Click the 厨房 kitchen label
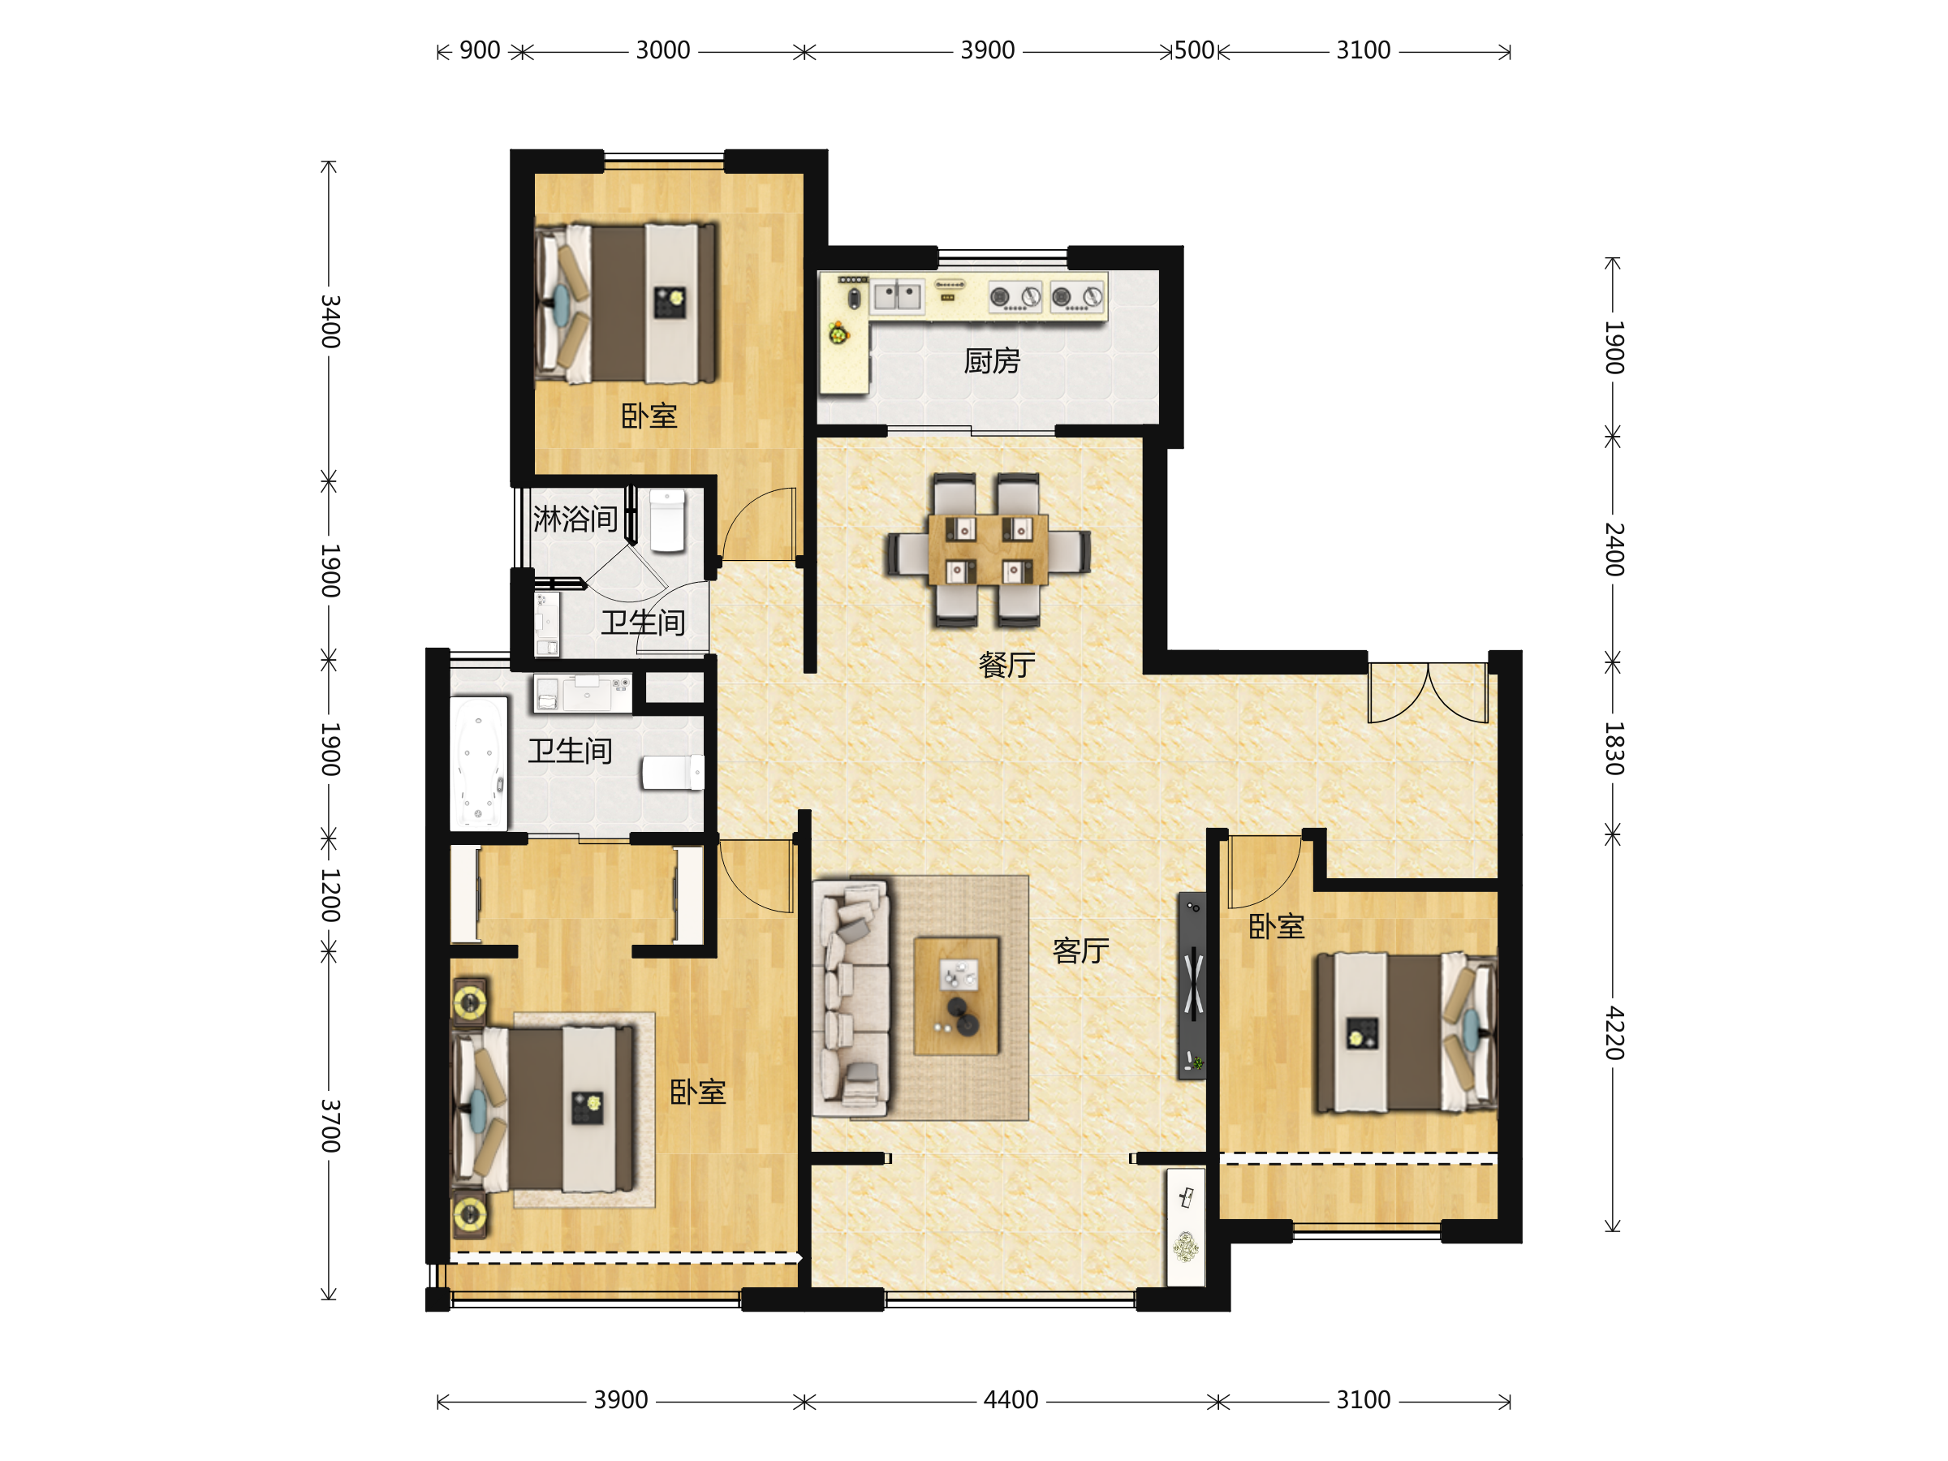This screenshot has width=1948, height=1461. point(992,361)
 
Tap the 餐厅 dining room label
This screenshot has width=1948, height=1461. point(1006,665)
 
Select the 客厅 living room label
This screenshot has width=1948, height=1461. point(1080,951)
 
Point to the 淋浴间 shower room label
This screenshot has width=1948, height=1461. point(575,519)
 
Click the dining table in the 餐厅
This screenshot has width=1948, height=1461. point(988,549)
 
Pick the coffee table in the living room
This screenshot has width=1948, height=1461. point(956,996)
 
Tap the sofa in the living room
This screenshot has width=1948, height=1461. point(851,998)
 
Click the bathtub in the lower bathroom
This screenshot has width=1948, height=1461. point(479,764)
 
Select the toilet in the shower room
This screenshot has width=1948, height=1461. point(667,521)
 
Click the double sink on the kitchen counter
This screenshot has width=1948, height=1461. point(898,296)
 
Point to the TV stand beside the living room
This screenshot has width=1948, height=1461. point(1192,985)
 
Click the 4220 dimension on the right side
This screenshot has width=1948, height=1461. point(1614,1032)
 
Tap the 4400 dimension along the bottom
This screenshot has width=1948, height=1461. point(1011,1400)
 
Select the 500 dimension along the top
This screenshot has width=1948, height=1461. point(1194,50)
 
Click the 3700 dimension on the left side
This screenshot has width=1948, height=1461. point(330,1126)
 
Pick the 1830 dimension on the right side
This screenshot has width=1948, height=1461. point(1614,748)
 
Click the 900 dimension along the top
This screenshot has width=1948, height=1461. point(480,50)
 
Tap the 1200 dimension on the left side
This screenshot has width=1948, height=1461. point(330,894)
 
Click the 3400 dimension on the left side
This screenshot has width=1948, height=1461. point(330,321)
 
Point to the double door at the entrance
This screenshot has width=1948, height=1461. point(1428,693)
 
